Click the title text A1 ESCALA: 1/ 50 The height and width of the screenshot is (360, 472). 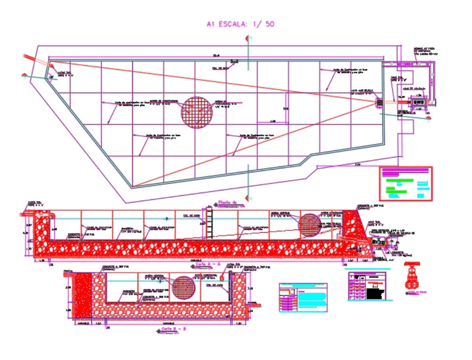pyautogui.click(x=240, y=24)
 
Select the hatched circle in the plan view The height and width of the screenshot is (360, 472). pyautogui.click(x=196, y=112)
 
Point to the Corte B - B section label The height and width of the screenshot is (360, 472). pyautogui.click(x=174, y=329)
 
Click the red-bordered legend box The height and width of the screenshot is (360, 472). pyautogui.click(x=406, y=183)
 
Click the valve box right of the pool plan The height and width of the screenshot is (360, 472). pyautogui.click(x=419, y=103)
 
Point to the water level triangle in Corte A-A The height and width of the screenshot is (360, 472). pyautogui.click(x=166, y=219)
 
